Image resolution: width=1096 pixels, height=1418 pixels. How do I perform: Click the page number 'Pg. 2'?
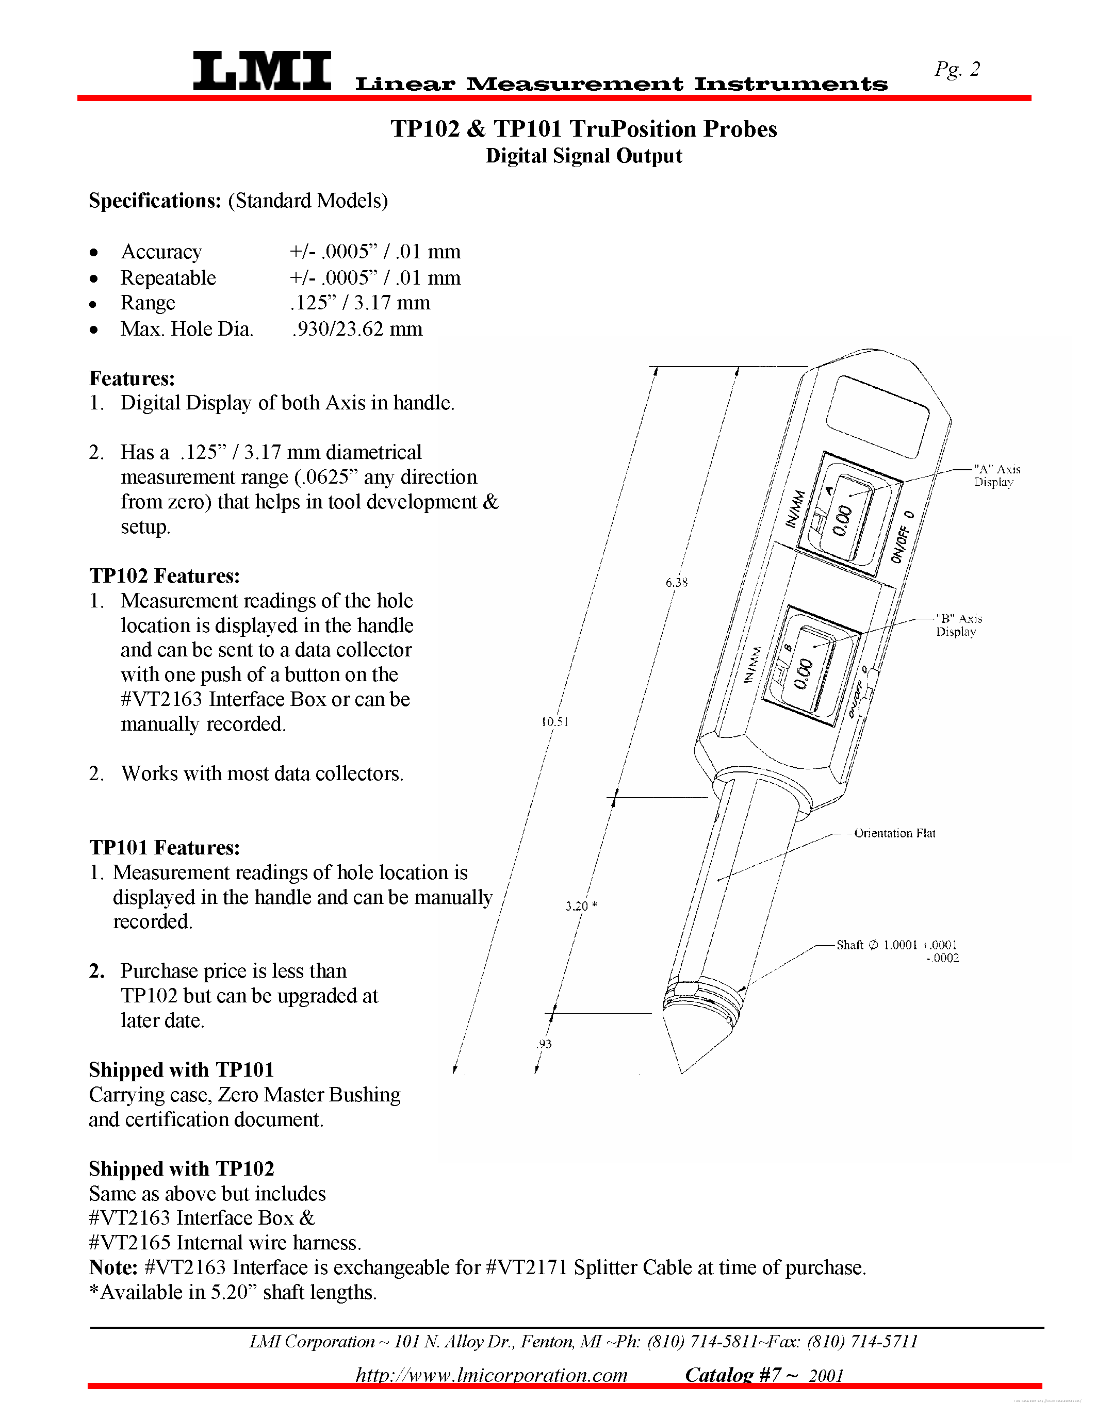pos(957,69)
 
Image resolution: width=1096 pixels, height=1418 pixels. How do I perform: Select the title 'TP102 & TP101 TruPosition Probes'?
pos(583,129)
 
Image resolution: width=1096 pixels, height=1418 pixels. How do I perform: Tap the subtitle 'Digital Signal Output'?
pos(583,156)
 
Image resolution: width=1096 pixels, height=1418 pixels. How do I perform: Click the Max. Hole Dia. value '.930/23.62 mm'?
pos(357,328)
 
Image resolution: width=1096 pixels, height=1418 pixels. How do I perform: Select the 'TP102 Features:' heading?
pos(164,576)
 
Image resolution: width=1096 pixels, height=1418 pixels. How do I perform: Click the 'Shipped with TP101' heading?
pos(181,1069)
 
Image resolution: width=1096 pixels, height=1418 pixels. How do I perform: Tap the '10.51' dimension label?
pos(554,721)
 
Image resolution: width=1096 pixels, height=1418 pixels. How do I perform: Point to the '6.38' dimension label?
pos(676,582)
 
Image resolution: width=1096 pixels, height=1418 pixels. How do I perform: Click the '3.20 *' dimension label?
pos(580,906)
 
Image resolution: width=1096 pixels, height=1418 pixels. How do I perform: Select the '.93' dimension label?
pos(544,1044)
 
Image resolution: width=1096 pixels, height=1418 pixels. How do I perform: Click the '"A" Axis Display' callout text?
pos(996,475)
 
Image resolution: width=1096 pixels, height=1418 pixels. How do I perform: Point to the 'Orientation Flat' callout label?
pos(894,833)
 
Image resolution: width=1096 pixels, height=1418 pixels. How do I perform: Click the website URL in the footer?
pos(491,1375)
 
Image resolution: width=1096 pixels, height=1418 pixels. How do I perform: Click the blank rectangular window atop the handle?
pos(879,416)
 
